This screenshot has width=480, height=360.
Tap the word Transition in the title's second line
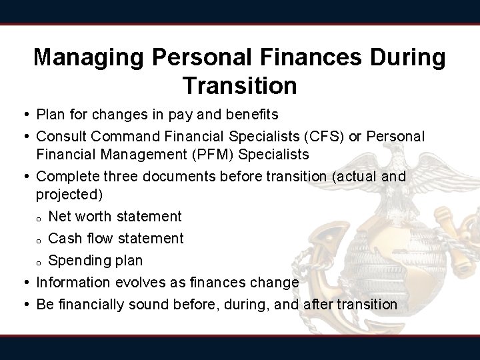(239, 85)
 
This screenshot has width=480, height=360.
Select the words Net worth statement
(115, 216)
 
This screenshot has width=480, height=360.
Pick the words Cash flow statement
(116, 238)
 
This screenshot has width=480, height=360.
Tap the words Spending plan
(95, 260)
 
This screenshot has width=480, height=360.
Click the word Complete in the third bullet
(66, 177)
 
